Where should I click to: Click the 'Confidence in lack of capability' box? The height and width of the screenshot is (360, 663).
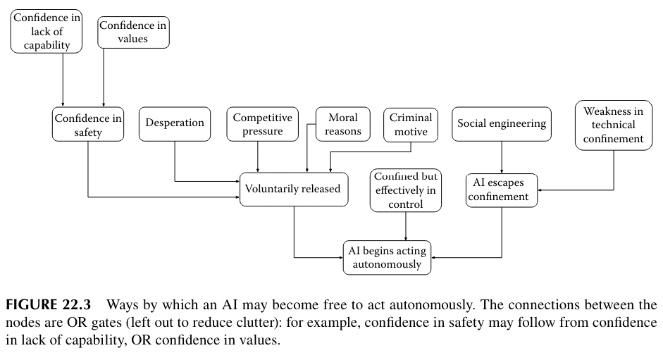pyautogui.click(x=47, y=32)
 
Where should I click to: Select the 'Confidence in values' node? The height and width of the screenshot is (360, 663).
pyautogui.click(x=133, y=32)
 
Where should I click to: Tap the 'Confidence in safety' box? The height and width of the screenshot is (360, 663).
pyautogui.click(x=88, y=125)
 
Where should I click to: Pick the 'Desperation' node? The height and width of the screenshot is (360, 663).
pyautogui.click(x=175, y=123)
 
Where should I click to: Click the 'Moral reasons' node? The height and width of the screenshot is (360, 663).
pyautogui.click(x=342, y=124)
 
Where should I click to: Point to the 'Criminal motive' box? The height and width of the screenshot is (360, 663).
pyautogui.click(x=411, y=124)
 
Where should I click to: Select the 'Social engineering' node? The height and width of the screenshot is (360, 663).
pyautogui.click(x=502, y=124)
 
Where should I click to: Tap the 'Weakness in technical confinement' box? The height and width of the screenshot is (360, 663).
pyautogui.click(x=614, y=125)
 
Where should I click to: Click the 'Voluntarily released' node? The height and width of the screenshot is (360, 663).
pyautogui.click(x=294, y=189)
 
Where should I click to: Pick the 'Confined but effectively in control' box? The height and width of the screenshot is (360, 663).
pyautogui.click(x=406, y=190)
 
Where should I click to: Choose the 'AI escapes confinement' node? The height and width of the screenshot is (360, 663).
pyautogui.click(x=501, y=190)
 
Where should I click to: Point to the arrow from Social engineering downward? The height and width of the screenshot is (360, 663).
pyautogui.click(x=501, y=156)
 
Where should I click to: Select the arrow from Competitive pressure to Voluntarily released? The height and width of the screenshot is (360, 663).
pyautogui.click(x=258, y=156)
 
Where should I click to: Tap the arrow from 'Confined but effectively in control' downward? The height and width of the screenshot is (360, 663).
pyautogui.click(x=406, y=225)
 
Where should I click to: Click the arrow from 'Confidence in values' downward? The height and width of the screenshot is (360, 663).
pyautogui.click(x=104, y=77)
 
